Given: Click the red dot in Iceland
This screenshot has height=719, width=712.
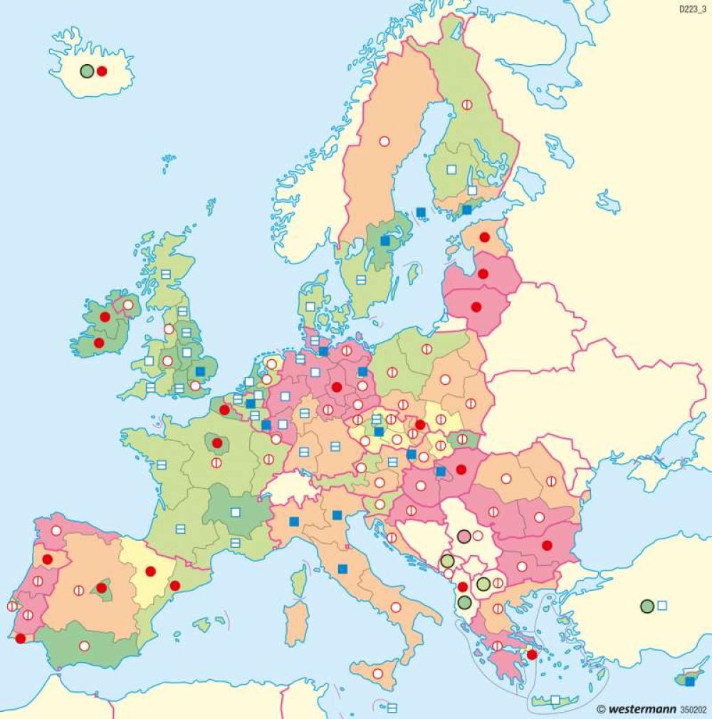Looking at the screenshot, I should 102,71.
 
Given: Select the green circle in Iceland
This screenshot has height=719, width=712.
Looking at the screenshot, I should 87,71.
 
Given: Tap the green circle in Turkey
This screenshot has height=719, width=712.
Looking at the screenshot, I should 647,606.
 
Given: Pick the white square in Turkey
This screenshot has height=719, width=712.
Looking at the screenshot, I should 662,605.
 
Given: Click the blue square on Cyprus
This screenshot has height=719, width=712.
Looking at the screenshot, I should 689,681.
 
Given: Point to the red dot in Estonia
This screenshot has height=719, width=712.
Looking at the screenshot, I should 485,237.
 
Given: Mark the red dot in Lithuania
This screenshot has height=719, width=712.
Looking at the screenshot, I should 476,307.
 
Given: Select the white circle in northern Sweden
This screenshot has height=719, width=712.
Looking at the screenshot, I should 384,141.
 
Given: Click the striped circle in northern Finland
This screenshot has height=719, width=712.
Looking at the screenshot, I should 467,104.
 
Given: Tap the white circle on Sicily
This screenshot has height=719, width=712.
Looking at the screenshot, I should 377,673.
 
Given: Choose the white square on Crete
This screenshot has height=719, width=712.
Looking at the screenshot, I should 555,700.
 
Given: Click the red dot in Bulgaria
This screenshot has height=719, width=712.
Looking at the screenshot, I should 547,545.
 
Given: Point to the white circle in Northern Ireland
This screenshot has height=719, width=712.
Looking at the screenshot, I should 128,305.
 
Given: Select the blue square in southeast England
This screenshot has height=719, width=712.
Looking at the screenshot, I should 200,371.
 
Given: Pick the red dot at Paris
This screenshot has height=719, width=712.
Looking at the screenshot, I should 217,443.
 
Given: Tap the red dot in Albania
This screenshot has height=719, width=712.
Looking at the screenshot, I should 462,586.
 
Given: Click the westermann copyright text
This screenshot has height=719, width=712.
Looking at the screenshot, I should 637,709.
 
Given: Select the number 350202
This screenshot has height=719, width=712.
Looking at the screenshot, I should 694,710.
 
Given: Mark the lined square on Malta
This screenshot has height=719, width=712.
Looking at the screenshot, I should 392,708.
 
